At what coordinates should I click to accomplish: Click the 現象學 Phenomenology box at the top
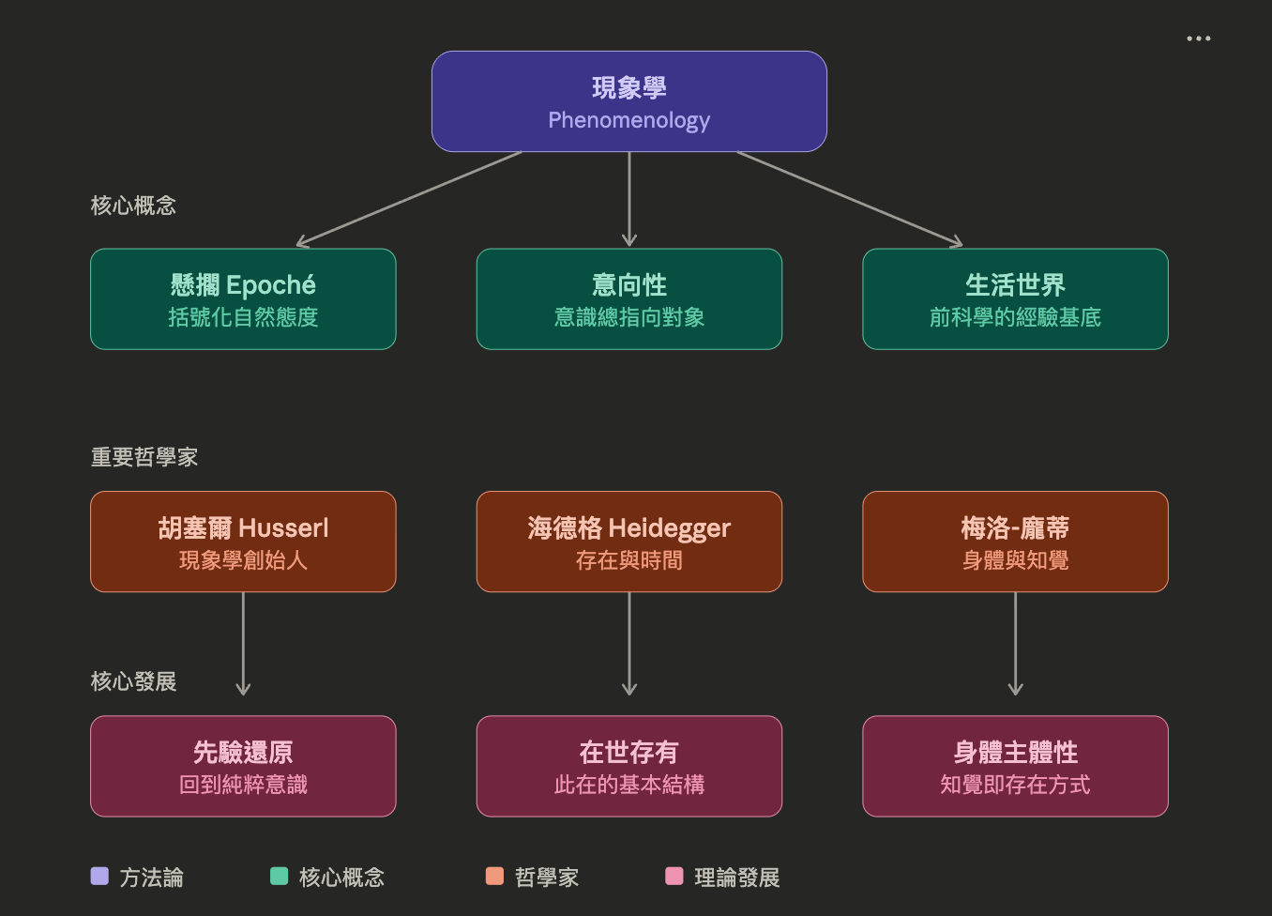click(x=628, y=101)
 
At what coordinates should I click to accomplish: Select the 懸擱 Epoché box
click(x=243, y=299)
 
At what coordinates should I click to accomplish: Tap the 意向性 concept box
click(x=628, y=299)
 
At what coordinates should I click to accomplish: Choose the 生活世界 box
click(x=1015, y=299)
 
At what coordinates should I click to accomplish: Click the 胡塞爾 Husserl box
click(x=243, y=542)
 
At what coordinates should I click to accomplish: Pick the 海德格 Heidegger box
click(x=628, y=542)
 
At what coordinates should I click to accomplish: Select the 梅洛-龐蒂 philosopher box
click(x=1015, y=542)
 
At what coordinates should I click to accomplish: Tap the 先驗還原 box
click(x=243, y=766)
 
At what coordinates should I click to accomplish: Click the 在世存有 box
click(x=628, y=766)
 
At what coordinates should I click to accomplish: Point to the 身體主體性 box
click(x=1015, y=766)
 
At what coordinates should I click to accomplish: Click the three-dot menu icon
click(x=1198, y=38)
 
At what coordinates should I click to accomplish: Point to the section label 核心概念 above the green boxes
click(x=133, y=206)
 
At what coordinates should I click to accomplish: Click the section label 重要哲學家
click(x=144, y=457)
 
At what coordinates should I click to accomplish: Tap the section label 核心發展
click(x=133, y=681)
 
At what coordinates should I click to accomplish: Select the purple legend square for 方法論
click(x=99, y=877)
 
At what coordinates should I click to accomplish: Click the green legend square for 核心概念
click(x=279, y=877)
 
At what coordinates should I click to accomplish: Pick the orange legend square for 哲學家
click(x=494, y=877)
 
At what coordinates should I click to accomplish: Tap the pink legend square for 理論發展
click(x=674, y=877)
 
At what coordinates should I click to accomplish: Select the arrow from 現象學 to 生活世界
click(x=849, y=198)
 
